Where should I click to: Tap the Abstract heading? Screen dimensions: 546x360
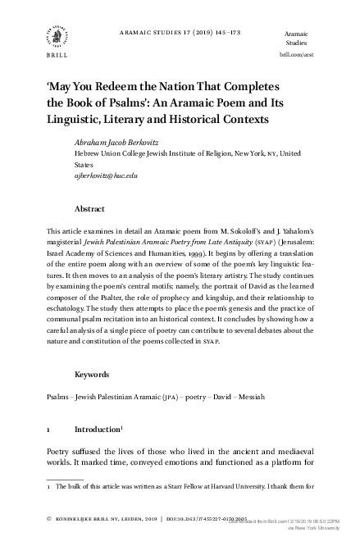point(89,209)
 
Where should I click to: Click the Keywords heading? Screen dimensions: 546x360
point(93,375)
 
